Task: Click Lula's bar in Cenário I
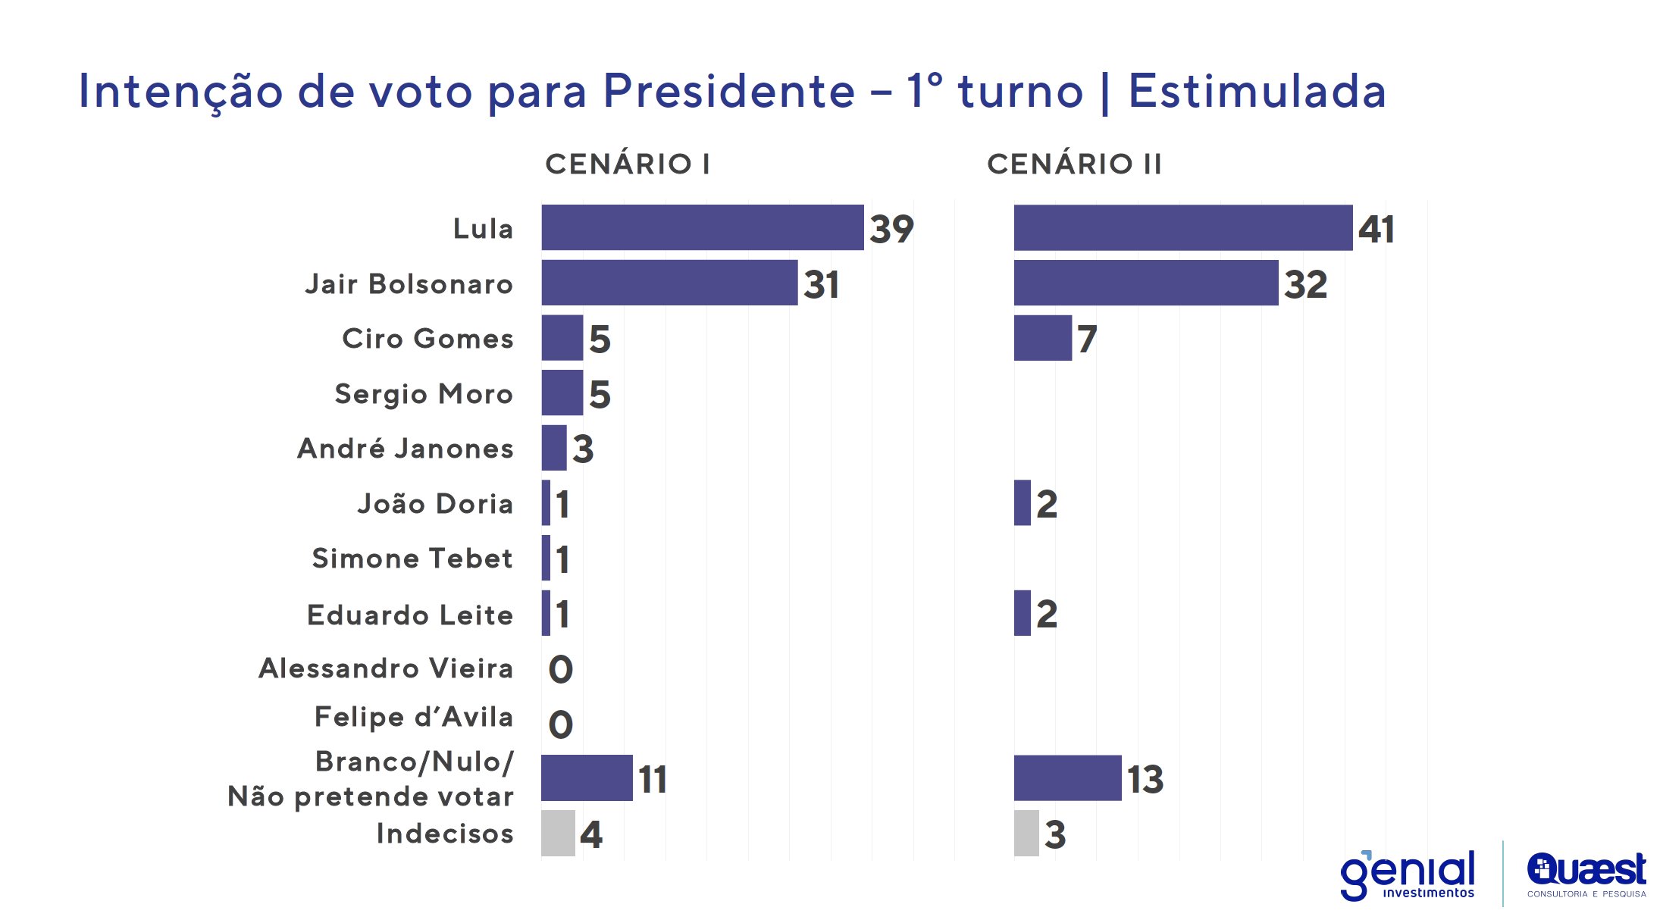pos(702,227)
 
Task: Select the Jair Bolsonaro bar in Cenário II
pos(1145,283)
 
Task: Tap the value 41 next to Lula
pos(1376,229)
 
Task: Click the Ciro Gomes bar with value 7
pos(1042,338)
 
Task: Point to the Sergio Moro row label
pos(424,394)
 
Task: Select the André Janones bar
pos(553,448)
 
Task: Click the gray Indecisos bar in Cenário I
pos(558,834)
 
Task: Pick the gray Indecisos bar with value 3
pos(1026,834)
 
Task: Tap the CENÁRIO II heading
pos(1074,164)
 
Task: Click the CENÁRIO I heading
pos(628,164)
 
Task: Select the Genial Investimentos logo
pos(1408,875)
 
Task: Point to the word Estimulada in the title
pos(1257,92)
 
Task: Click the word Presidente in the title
pos(729,92)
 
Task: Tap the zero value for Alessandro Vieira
pos(560,669)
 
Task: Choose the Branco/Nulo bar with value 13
pos(1067,778)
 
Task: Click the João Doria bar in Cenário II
pos(1022,502)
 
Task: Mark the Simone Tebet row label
pos(412,558)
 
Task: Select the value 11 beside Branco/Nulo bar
pos(653,779)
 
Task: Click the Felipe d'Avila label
pos(414,717)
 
